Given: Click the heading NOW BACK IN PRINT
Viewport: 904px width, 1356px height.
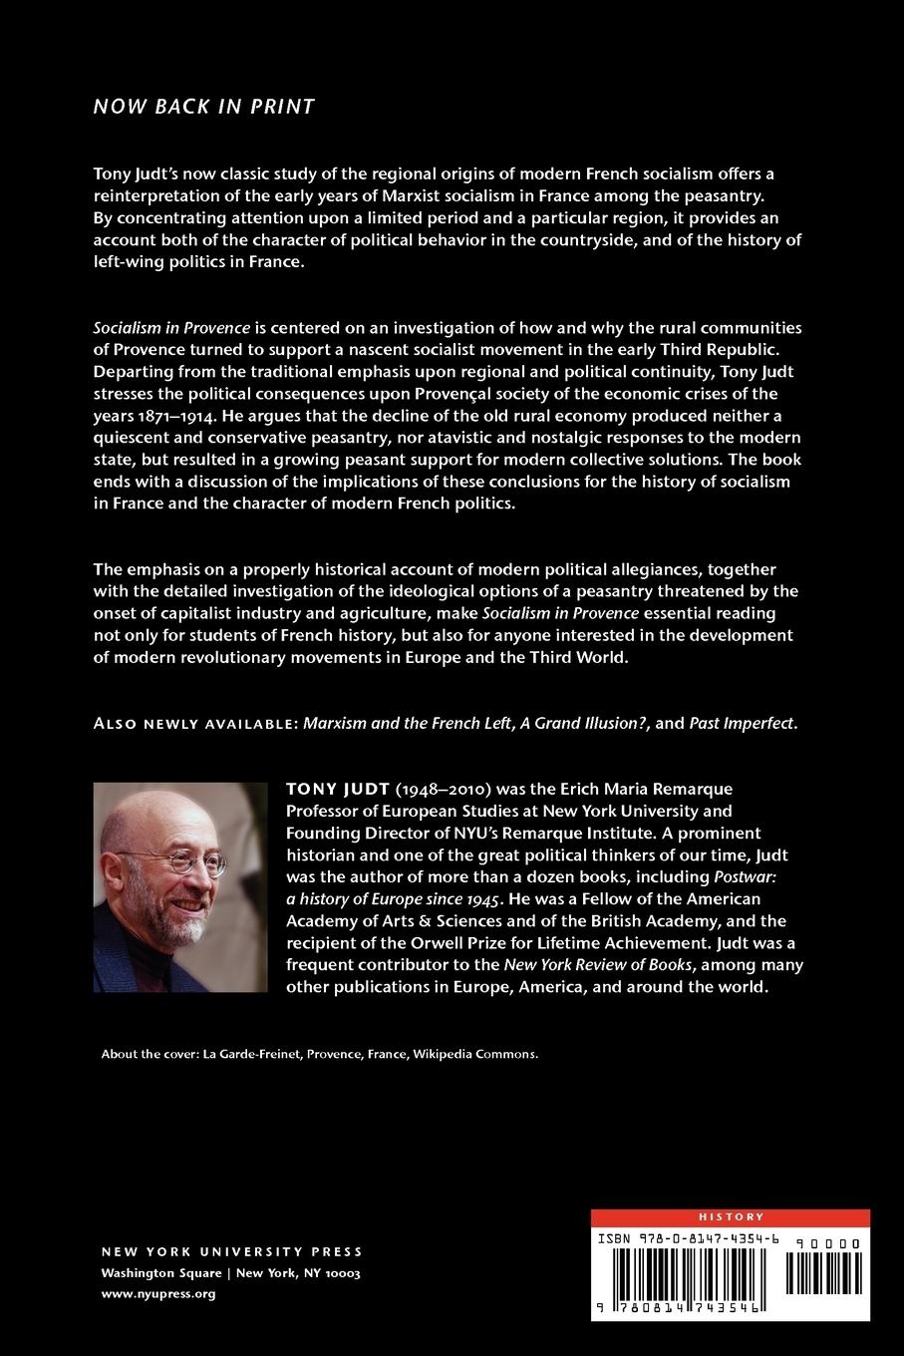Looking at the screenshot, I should (x=204, y=107).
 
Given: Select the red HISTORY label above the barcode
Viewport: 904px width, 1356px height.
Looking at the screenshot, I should (x=731, y=1216).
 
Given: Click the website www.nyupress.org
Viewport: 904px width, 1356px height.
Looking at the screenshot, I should (x=158, y=1293).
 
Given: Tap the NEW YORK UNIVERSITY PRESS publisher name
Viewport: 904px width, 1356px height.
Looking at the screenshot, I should (x=232, y=1251).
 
